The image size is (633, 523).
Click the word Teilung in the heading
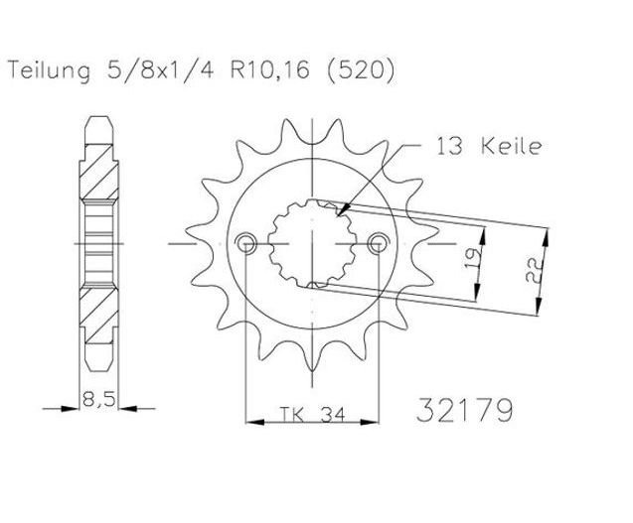[49, 71]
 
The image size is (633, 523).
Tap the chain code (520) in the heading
[361, 71]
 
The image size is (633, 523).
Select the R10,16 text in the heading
[269, 71]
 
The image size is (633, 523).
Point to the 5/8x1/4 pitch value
[159, 71]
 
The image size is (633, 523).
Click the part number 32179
[465, 410]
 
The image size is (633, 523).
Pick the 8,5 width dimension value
[99, 399]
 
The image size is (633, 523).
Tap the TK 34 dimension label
[312, 414]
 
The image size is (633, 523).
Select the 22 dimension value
[534, 270]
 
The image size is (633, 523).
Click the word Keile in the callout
[511, 146]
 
